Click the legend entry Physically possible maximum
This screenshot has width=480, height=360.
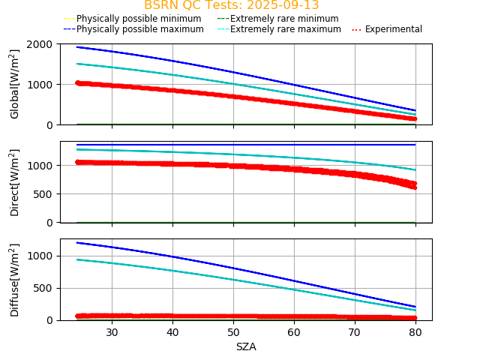point(139,29)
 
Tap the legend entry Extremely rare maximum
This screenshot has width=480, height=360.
point(285,29)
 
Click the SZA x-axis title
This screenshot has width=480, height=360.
point(246,346)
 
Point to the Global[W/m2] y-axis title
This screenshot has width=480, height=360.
point(15,84)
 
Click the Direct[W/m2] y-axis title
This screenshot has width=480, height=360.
point(15,182)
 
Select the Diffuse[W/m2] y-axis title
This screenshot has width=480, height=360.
point(15,279)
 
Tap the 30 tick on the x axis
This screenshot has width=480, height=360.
point(112,332)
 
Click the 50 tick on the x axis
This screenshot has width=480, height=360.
point(233,332)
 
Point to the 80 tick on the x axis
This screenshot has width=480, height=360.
point(415,332)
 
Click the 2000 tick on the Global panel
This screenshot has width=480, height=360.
point(40,44)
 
